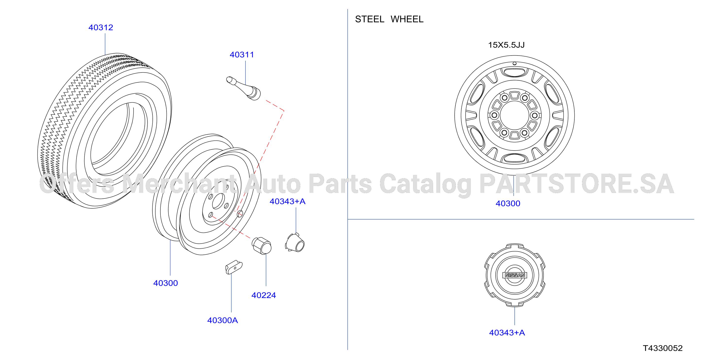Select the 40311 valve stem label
tap(242, 55)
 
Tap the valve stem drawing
tap(243, 88)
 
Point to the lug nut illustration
tap(261, 245)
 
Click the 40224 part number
tap(263, 295)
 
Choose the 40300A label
tap(223, 320)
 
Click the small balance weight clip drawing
tap(234, 267)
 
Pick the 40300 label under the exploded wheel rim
tap(166, 283)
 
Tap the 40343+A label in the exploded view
tap(287, 201)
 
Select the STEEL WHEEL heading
tap(389, 19)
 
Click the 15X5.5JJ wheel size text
tap(506, 45)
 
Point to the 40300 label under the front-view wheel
tap(508, 203)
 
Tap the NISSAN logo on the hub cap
tap(515, 275)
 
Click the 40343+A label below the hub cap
tap(507, 333)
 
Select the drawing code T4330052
tap(662, 348)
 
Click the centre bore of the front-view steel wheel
tap(515, 115)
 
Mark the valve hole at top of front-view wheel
tap(515, 64)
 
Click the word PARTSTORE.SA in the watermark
tap(576, 184)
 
